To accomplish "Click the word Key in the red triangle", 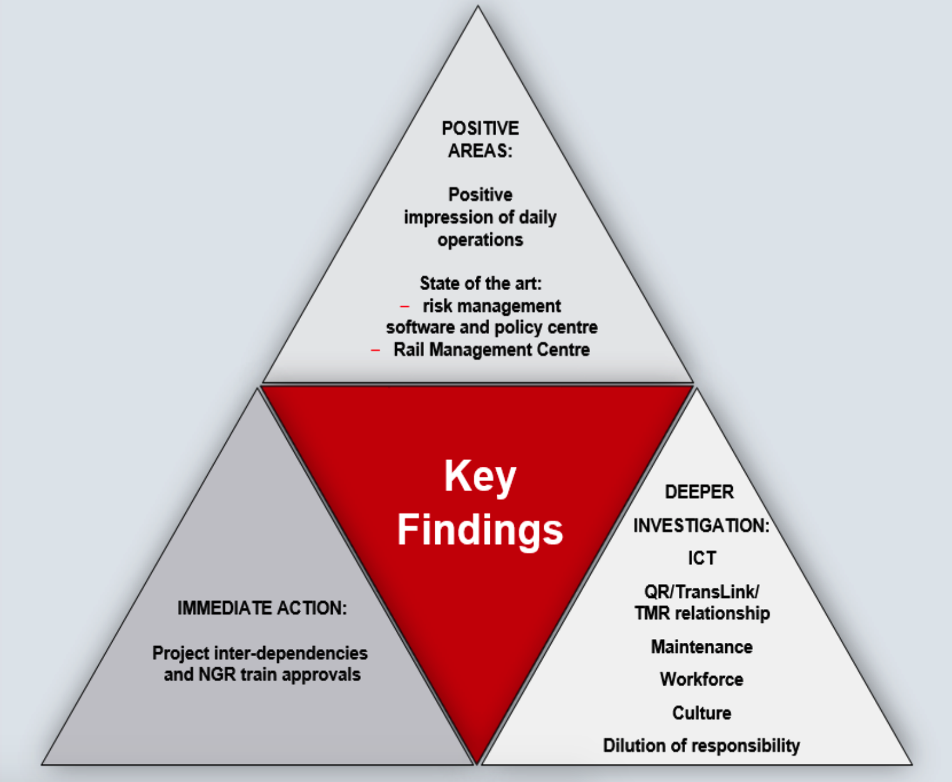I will point(480,477).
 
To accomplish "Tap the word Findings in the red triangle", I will point(480,530).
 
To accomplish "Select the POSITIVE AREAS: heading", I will point(480,139).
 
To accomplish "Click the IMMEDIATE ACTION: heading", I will point(262,608).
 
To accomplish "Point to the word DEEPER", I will point(699,492).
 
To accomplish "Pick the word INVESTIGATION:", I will point(701,525).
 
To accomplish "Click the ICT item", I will point(701,558).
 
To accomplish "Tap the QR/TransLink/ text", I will point(701,592).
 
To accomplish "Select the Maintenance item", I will point(701,647).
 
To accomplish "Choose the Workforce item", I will point(701,679).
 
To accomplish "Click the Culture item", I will point(701,713).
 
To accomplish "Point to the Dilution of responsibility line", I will point(701,746).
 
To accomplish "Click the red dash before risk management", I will point(405,306).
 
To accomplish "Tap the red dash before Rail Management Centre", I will point(375,350).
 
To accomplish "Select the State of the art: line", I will point(480,283).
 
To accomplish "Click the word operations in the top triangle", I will point(480,240).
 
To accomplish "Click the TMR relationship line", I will point(701,613).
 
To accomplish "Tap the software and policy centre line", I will point(492,327).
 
